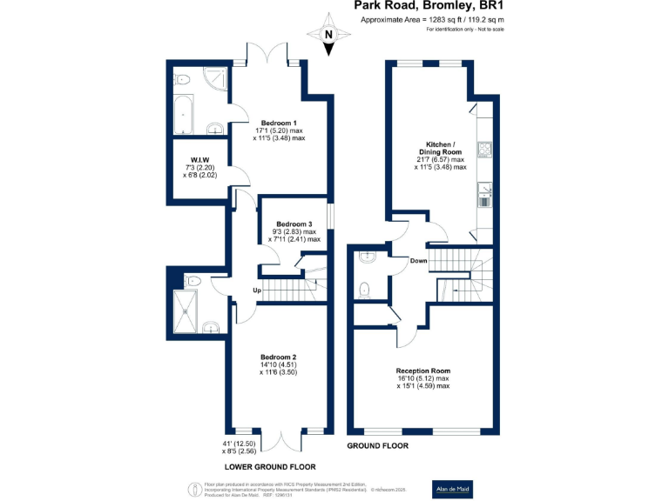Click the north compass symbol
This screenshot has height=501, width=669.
[x=328, y=35]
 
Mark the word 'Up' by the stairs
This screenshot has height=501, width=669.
[x=257, y=290]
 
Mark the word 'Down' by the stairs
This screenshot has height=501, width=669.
[x=418, y=260]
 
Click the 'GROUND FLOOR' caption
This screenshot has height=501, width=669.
[x=377, y=446]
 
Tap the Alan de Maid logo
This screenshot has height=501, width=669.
[x=454, y=489]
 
